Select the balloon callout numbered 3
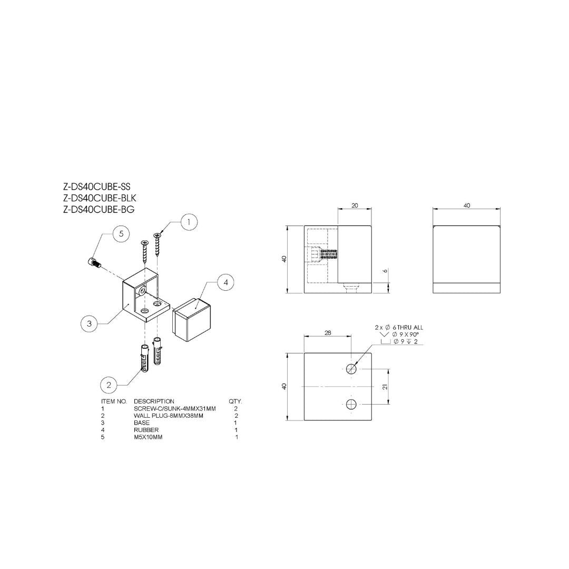89,323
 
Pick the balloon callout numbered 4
225,282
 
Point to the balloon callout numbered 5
121,234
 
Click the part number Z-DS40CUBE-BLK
100,198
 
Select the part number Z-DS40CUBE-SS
96,187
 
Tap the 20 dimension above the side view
355,205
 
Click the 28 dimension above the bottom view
328,333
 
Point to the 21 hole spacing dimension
385,387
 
